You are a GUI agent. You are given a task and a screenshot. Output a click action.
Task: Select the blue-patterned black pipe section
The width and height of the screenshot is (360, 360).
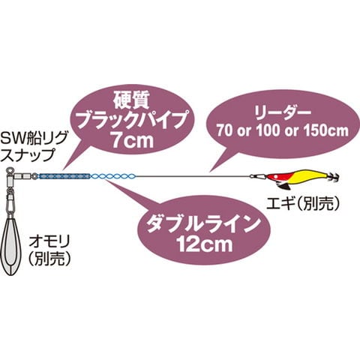tap(64, 176)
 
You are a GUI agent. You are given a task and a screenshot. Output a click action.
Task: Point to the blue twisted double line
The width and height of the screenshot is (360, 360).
tap(114, 176)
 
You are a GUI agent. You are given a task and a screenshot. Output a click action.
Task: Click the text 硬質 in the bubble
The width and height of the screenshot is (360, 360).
tap(132, 100)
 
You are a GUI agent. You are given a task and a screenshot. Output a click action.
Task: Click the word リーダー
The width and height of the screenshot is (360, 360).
tap(283, 112)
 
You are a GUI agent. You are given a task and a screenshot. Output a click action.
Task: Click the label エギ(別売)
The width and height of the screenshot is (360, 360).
tap(303, 204)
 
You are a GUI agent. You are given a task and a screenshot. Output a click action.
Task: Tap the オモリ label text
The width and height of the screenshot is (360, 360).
tap(49, 241)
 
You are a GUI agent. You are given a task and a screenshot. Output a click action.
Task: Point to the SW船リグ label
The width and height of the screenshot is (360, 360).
tap(34, 138)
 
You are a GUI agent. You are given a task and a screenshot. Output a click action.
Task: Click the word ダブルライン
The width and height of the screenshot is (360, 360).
tap(202, 223)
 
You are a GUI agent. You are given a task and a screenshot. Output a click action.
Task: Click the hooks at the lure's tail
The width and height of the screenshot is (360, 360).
tap(334, 177)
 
